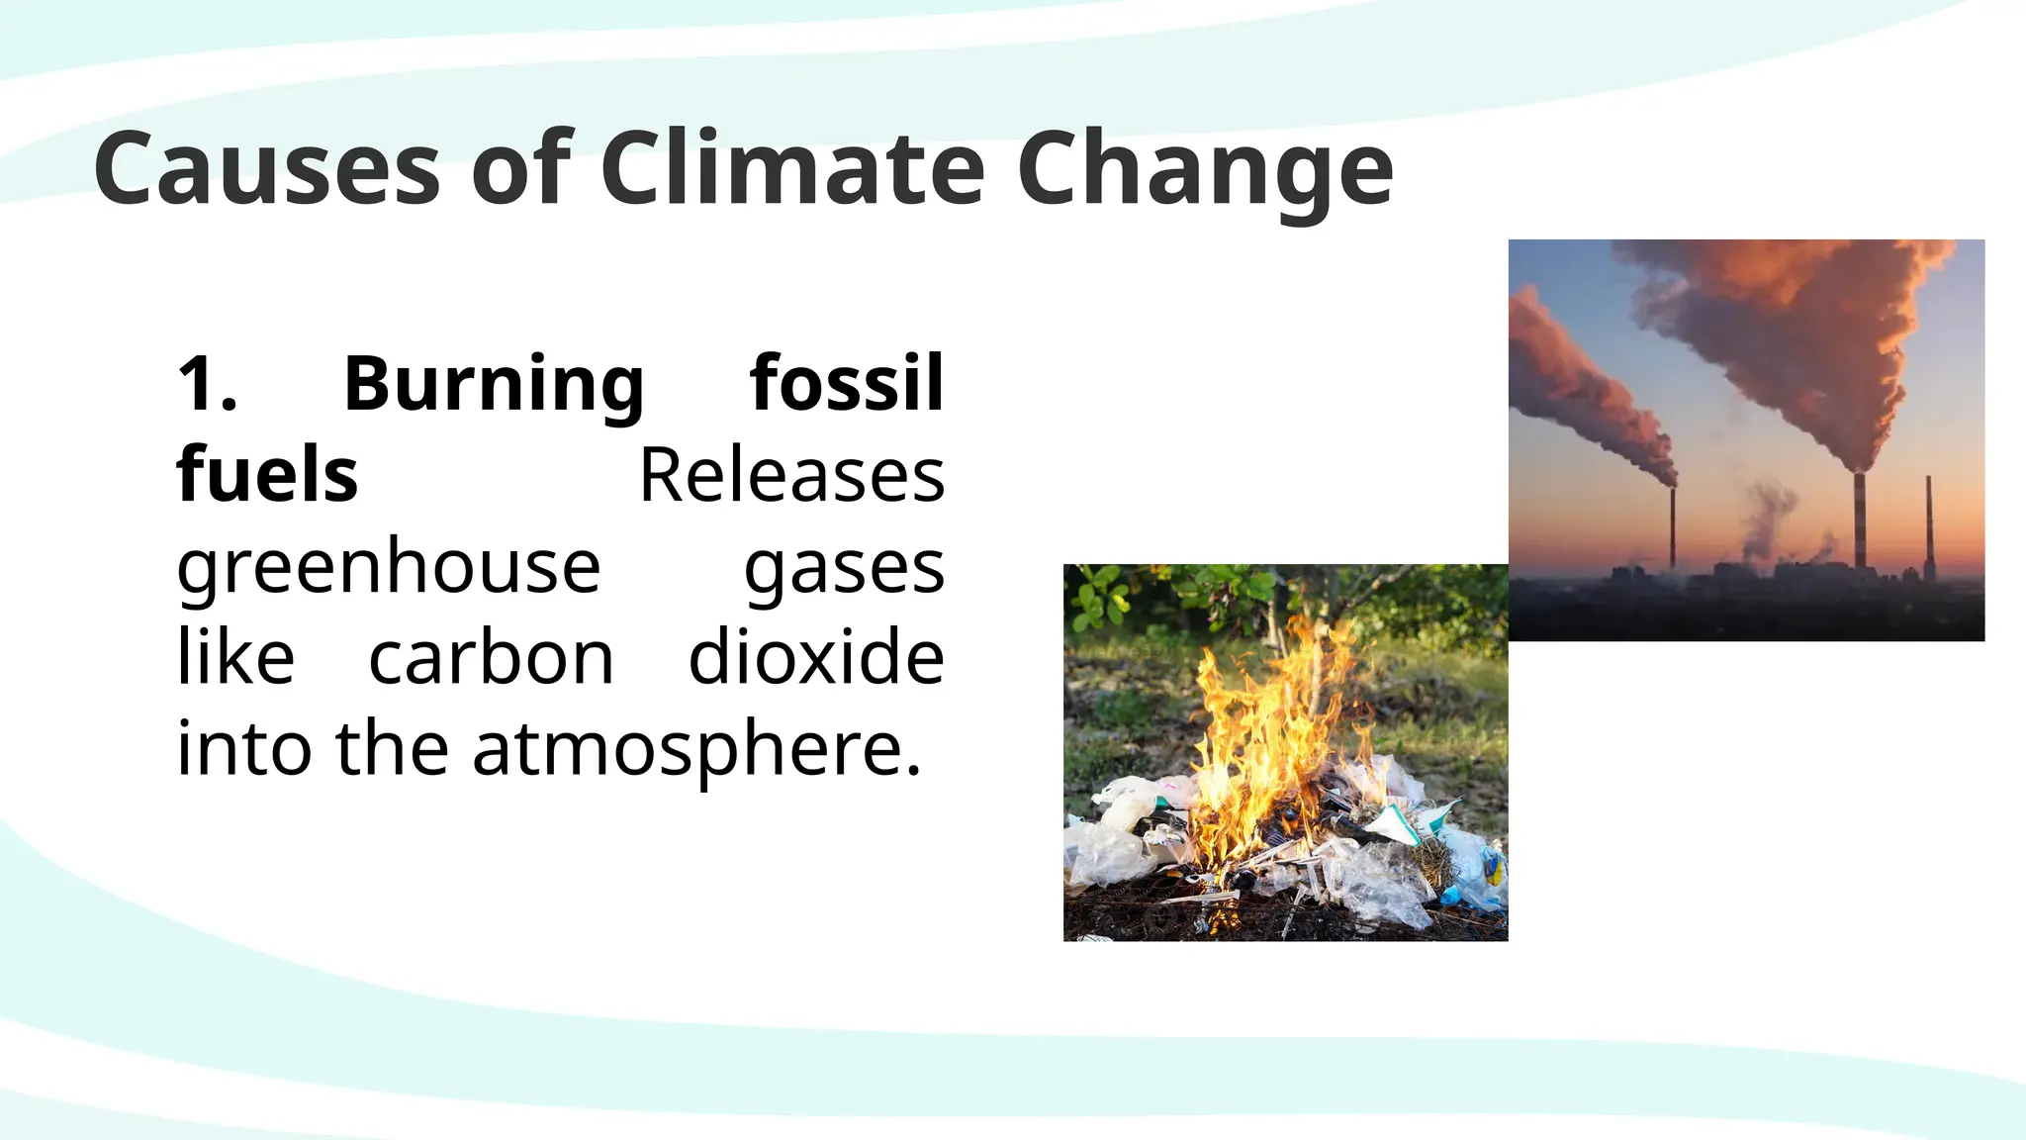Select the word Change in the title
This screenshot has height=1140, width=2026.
coord(1205,170)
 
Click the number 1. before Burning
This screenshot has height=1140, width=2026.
coord(208,383)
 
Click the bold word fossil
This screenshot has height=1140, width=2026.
coord(847,383)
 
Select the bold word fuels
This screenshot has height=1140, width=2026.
coord(267,475)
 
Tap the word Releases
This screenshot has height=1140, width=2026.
coord(791,476)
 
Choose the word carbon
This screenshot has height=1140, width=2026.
coord(491,658)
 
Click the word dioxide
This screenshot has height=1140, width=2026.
coord(816,658)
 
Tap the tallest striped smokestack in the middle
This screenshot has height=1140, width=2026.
coord(1860,520)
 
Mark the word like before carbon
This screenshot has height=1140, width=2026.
coord(235,658)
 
